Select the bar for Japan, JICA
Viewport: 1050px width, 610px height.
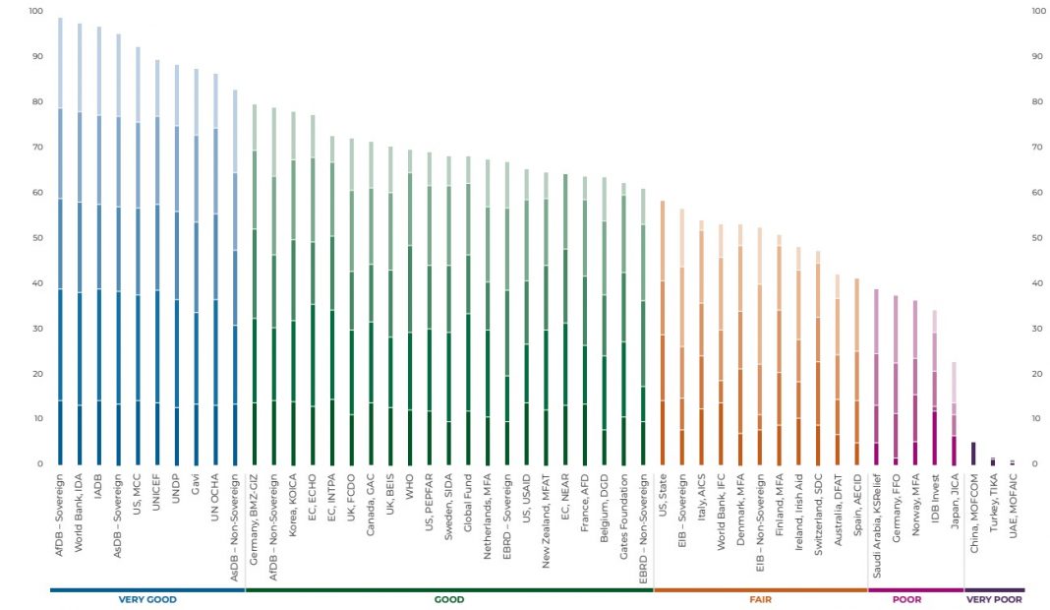tap(953, 413)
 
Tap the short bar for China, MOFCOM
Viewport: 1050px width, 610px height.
tap(973, 453)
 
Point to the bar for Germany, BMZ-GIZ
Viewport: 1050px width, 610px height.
tap(255, 284)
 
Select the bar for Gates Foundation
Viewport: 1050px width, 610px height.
tap(623, 324)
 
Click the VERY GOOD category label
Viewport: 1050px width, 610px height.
tap(146, 599)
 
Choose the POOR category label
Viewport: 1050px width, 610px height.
tap(906, 599)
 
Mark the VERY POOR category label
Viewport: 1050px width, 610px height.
tap(994, 599)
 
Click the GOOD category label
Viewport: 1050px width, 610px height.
tap(448, 599)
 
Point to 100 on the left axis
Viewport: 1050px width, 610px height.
tap(36, 11)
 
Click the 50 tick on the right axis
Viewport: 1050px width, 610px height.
tap(1036, 238)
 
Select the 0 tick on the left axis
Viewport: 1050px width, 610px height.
tap(39, 463)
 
